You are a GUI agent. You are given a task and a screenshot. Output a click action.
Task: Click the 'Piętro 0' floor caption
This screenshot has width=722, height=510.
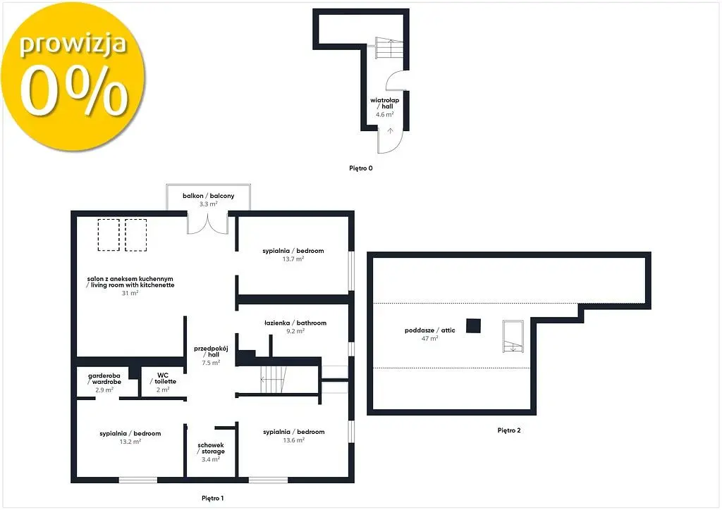point(360,168)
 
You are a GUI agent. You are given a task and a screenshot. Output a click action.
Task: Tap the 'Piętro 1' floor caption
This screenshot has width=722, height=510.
point(212,498)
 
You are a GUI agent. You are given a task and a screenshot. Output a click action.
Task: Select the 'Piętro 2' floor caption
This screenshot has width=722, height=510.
point(509,430)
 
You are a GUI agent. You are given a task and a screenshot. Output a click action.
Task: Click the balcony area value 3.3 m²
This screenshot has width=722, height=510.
point(208,204)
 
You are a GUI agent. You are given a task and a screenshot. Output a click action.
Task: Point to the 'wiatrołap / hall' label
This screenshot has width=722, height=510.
point(384,103)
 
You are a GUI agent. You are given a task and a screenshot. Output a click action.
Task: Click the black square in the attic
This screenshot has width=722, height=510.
point(473,325)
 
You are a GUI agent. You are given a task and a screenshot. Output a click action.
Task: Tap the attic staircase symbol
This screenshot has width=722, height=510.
point(513,336)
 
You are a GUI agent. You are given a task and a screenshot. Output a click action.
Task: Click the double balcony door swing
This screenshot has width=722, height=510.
point(208,223)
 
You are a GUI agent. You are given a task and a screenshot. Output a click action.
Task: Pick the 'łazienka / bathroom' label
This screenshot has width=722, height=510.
point(295,323)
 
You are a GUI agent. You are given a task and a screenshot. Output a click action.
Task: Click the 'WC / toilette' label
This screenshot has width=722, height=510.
point(163,378)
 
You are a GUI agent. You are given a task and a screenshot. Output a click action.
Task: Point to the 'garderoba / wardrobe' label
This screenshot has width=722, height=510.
point(104,379)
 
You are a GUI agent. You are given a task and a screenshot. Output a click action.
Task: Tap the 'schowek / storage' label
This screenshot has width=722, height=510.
point(210,449)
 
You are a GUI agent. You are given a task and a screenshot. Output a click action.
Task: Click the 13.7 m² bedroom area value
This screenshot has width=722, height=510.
point(293,259)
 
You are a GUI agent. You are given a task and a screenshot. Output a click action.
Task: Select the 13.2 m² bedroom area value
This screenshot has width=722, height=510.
point(130,442)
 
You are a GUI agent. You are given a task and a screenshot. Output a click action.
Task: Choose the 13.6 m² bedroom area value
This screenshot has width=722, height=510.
point(294,440)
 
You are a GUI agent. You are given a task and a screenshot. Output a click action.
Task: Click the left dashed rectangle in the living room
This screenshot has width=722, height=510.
point(109,235)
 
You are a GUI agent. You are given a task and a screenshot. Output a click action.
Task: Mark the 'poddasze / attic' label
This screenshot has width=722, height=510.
point(429,330)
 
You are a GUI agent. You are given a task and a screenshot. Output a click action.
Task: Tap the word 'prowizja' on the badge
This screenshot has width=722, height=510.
point(73,44)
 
